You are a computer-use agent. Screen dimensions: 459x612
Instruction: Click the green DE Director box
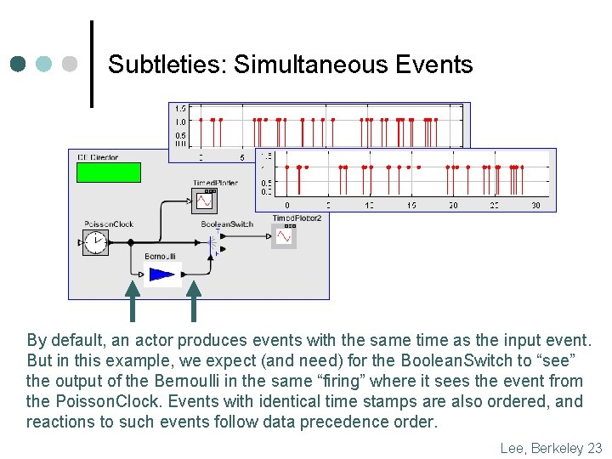(x=108, y=172)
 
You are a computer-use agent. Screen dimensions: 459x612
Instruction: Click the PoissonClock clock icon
(x=96, y=243)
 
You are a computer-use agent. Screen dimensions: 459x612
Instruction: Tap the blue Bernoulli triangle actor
(x=161, y=274)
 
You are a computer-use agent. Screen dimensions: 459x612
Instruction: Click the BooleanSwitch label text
(x=227, y=224)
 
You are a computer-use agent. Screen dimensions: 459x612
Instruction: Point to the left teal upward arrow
(x=133, y=302)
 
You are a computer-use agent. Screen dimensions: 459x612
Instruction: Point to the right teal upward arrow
(x=193, y=302)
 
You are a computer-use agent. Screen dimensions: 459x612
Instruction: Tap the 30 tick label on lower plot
(x=535, y=206)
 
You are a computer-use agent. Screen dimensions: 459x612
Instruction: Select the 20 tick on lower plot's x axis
(x=453, y=206)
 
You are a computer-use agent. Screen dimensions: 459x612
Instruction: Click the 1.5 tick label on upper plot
(x=180, y=109)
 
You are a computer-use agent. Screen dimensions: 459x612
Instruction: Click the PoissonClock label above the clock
(x=109, y=224)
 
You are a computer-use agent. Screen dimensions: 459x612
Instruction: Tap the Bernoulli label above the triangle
(x=160, y=257)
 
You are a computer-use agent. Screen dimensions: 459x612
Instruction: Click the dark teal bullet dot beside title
(x=19, y=65)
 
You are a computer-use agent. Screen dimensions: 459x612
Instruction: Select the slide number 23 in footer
(x=594, y=448)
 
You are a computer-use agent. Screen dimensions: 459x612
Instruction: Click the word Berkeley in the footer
(x=557, y=448)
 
